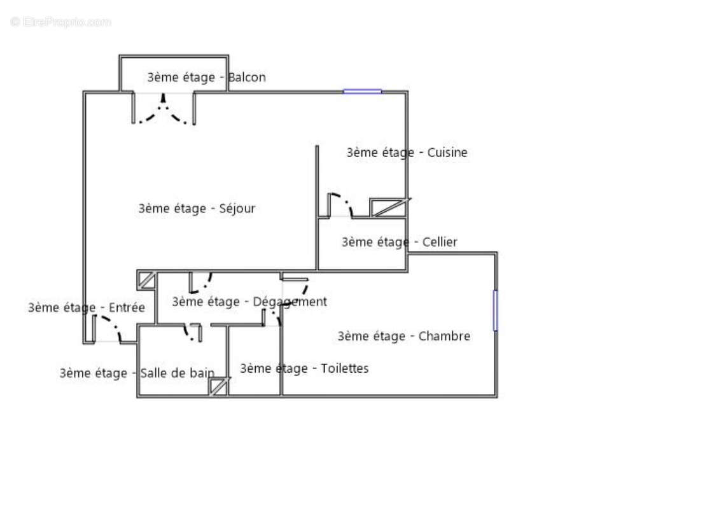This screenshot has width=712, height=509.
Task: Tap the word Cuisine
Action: coord(447,153)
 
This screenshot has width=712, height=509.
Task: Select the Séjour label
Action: coord(237,209)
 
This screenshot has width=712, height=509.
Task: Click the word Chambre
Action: coord(444,337)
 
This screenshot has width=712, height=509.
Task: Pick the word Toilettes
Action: coord(344,368)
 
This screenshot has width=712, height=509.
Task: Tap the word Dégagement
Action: coord(290,302)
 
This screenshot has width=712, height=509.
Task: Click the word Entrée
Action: coord(127,308)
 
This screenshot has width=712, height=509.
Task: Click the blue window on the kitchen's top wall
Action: coord(363,92)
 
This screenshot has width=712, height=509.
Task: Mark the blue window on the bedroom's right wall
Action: coord(495,310)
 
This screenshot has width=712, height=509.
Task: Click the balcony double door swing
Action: coord(164,111)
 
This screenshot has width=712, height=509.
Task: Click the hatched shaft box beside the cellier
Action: coord(387,207)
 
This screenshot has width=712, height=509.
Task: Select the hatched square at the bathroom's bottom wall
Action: coord(219,387)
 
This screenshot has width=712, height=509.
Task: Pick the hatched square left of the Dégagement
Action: coord(148,280)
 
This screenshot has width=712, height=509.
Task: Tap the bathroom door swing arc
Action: coord(191,332)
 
